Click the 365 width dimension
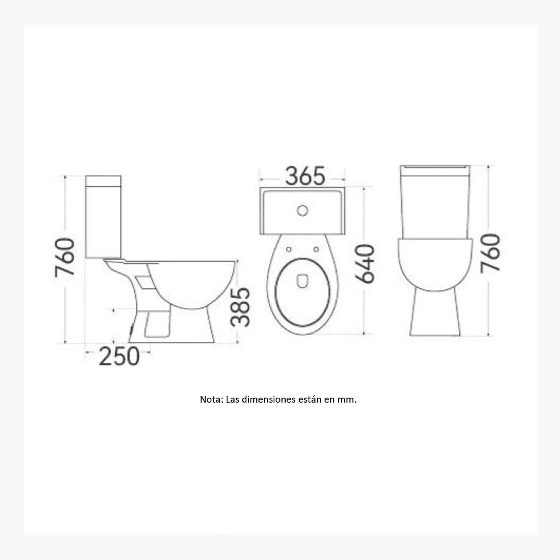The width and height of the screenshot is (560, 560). point(305,176)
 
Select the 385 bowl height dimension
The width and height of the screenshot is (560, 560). point(240,307)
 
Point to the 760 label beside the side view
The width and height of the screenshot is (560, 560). point(65,257)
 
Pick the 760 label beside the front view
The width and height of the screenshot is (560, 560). point(490,253)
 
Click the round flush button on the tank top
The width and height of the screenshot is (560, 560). point(302,211)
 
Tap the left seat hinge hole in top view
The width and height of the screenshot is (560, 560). point(289,249)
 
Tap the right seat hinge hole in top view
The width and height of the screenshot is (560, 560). point(316,249)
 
